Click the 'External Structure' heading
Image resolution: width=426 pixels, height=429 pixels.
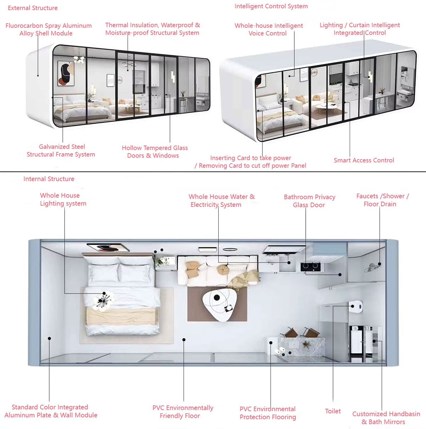[x=33, y=8]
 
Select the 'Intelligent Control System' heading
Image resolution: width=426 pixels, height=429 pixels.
[x=271, y=6]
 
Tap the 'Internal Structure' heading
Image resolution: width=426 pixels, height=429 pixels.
[x=49, y=179]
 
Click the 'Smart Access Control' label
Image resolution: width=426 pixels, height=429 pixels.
[x=364, y=160]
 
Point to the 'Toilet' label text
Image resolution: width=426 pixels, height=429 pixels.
[x=333, y=411]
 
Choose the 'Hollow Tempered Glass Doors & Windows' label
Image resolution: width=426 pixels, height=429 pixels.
[x=154, y=152]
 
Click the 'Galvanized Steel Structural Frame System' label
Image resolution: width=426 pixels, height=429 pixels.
[x=61, y=151]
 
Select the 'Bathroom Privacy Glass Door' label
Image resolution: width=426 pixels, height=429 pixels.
[x=309, y=201]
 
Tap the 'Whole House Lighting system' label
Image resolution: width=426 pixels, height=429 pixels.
[x=63, y=199]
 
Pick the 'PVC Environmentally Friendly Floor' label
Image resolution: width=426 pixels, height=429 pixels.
[x=182, y=412]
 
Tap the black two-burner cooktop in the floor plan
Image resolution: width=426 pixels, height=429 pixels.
[x=310, y=267]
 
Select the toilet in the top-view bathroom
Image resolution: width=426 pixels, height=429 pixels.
[x=356, y=305]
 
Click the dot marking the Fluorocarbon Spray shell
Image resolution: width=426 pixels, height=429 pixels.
[x=38, y=75]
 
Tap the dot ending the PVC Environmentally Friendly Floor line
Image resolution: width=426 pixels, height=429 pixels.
[x=184, y=340]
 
